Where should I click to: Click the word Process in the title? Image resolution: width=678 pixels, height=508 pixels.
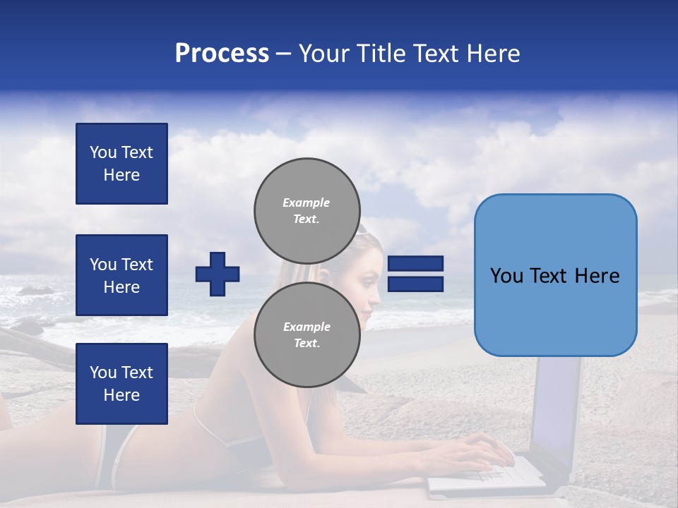pos(222,54)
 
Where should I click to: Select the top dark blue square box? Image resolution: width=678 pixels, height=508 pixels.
pos(121,164)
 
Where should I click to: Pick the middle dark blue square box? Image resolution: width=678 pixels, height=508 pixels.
pos(121,275)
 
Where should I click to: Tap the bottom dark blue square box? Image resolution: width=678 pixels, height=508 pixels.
pos(121,384)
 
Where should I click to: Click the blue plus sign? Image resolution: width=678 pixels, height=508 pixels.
pos(218,274)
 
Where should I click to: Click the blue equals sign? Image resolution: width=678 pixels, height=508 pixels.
pos(415,274)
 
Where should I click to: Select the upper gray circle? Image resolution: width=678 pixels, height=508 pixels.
pos(307,211)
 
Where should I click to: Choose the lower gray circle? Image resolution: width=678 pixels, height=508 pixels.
pos(307,335)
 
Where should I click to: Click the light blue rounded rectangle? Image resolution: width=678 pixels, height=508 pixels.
pos(555,275)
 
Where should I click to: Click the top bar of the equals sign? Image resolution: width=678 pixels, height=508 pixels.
pos(415,263)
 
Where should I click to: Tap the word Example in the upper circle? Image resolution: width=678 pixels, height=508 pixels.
pos(307,202)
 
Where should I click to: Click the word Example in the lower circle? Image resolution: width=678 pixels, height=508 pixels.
pos(307,327)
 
